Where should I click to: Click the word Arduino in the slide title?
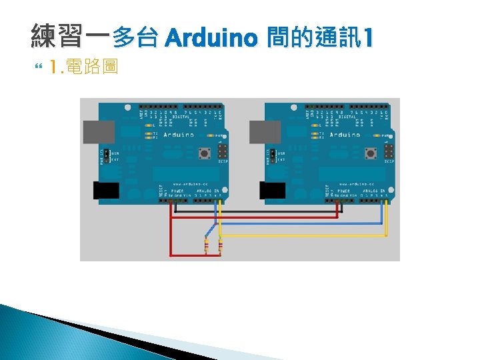point(210,39)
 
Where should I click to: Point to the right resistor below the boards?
point(219,246)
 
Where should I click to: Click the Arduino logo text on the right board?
point(344,135)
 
